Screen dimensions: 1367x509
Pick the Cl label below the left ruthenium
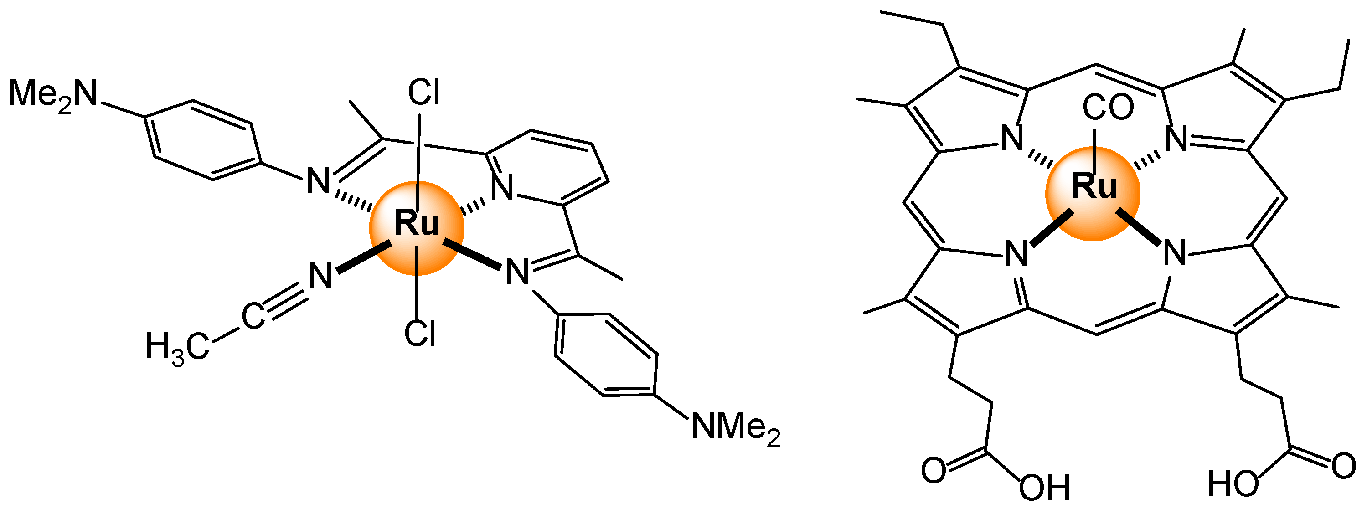pos(420,333)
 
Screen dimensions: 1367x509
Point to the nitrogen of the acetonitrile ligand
pos(321,276)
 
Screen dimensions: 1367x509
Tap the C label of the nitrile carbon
pos(253,317)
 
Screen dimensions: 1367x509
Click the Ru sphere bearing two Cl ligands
pos(417,227)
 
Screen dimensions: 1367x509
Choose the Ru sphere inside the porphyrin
pos(1093,193)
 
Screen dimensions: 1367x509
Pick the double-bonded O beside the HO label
pos(1344,467)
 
